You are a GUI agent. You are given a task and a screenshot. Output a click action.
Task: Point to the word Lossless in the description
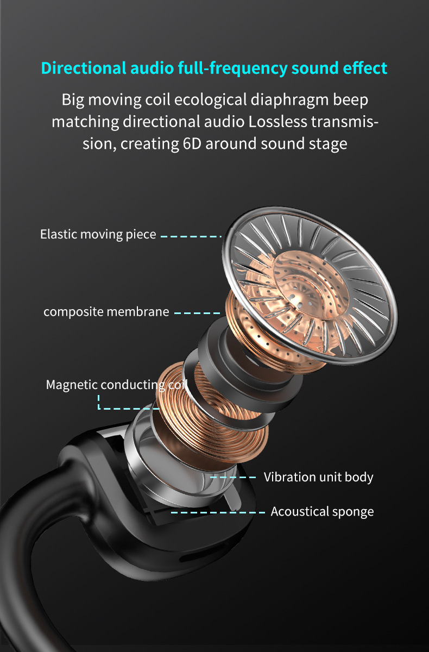(277, 122)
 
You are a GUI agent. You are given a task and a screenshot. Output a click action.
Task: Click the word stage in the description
(325, 144)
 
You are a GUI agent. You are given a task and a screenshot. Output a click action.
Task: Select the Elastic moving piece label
(98, 234)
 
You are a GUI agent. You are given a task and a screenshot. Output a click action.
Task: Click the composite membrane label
(106, 312)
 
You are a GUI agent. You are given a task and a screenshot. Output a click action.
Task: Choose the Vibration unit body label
(319, 477)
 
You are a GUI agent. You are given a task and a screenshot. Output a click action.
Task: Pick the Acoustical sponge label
(323, 511)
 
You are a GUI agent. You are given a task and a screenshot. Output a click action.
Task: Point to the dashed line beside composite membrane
(197, 313)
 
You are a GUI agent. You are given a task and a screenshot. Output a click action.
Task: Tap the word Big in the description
(73, 101)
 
